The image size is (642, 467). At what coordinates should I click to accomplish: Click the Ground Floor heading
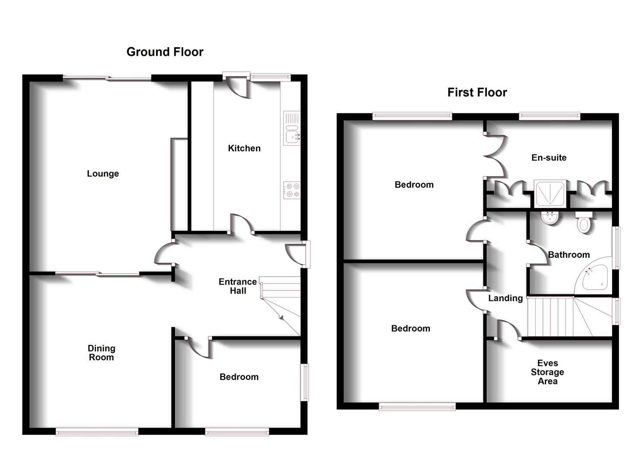point(165,52)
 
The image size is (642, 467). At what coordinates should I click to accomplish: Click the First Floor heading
point(477,93)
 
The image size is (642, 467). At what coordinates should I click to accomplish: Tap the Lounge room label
point(103,174)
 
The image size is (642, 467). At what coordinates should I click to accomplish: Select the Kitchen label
point(244,148)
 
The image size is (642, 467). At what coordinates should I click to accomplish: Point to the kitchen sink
point(291,137)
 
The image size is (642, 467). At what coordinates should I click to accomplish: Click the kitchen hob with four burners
point(292,190)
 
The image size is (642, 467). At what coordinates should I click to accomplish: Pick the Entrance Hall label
point(238,286)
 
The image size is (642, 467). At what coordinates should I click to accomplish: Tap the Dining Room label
point(101,353)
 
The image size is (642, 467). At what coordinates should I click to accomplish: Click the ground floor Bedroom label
point(239,377)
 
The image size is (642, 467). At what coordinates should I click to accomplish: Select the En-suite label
point(549,158)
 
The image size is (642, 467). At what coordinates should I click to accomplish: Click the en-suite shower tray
point(549,193)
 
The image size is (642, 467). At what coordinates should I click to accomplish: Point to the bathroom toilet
point(584,223)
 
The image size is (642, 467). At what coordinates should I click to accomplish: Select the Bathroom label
point(569,255)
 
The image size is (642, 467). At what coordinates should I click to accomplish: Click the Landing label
point(505,298)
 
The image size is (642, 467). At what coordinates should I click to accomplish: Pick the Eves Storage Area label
point(547,372)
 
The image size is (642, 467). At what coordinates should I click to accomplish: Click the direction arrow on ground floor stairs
point(281,318)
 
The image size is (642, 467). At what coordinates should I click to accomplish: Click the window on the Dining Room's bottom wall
point(97,432)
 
